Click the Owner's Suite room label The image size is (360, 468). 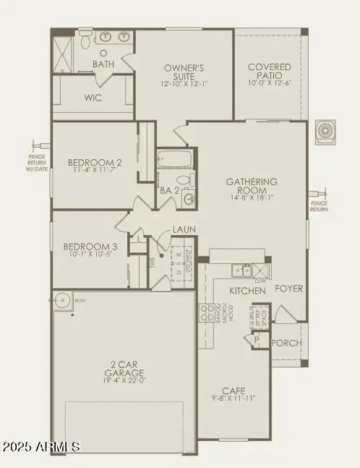point(184,69)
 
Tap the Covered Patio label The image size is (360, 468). point(269,67)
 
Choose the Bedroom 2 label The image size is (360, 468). point(95,163)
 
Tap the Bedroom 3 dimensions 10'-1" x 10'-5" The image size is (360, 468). point(90,254)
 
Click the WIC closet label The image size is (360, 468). point(92,97)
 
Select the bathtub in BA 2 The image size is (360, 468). point(174,158)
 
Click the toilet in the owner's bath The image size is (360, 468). point(85,42)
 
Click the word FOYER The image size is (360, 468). point(288,289)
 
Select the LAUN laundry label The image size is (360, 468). point(181,231)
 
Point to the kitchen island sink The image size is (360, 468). point(239,271)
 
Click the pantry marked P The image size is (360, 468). point(256,339)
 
